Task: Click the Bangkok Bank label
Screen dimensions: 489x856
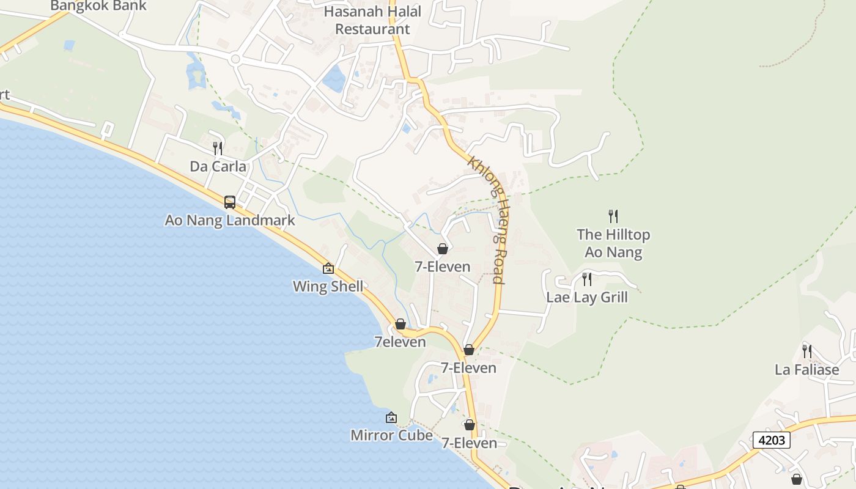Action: pyautogui.click(x=98, y=6)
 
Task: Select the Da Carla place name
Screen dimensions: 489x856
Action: pyautogui.click(x=218, y=166)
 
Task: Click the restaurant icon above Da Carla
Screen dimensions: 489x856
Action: pyautogui.click(x=218, y=148)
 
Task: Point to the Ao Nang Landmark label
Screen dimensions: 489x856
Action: pyautogui.click(x=230, y=220)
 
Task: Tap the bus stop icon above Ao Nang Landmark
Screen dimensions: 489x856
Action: pyautogui.click(x=230, y=202)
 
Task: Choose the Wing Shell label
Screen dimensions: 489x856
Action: pyautogui.click(x=328, y=286)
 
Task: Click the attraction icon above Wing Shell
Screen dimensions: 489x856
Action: pyautogui.click(x=328, y=268)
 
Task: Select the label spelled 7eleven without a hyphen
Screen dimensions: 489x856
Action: pyautogui.click(x=400, y=342)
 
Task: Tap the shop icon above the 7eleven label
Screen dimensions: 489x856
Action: pyautogui.click(x=400, y=324)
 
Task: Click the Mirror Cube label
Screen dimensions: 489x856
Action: pyautogui.click(x=391, y=435)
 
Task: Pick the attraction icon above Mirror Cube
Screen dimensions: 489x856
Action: pyautogui.click(x=391, y=418)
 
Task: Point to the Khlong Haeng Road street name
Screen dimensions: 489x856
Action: pyautogui.click(x=487, y=219)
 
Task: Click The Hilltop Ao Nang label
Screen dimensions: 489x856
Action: pyautogui.click(x=613, y=243)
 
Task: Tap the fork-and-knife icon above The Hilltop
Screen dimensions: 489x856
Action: pyautogui.click(x=613, y=216)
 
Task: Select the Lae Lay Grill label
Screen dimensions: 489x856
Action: pyautogui.click(x=587, y=297)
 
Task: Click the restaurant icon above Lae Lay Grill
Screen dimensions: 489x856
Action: pyautogui.click(x=587, y=279)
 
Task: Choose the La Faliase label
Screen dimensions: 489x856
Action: pyautogui.click(x=807, y=369)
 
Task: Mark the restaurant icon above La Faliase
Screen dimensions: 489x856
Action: pyautogui.click(x=807, y=351)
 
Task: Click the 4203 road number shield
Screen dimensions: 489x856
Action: pyautogui.click(x=771, y=440)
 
